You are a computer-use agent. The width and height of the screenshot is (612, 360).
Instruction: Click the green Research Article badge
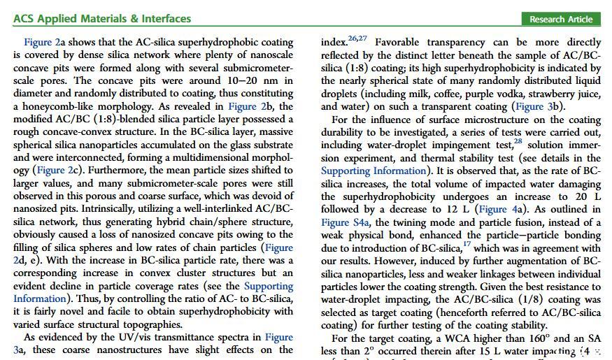560,19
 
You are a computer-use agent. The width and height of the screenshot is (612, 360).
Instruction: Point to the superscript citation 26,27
357,38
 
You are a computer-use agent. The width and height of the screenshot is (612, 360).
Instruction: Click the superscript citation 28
518,141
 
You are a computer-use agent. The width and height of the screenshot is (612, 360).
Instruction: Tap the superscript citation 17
467,244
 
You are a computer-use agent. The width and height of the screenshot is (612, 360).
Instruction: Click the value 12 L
457,209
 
